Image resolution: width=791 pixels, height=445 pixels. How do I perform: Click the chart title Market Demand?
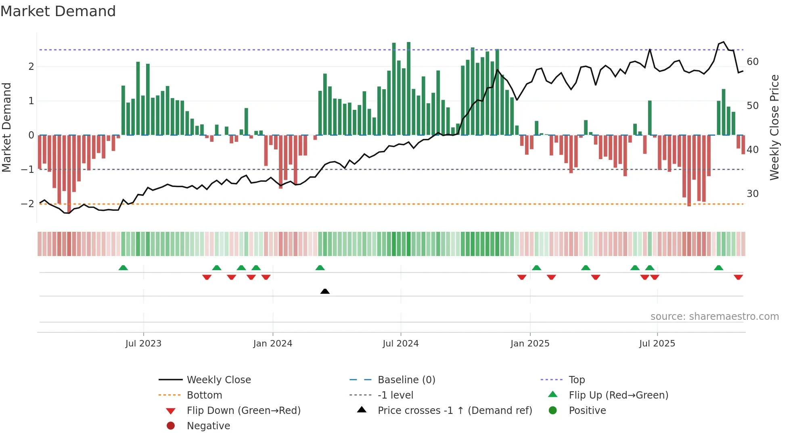tap(58, 11)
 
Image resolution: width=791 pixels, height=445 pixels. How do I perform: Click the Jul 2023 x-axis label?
tap(143, 344)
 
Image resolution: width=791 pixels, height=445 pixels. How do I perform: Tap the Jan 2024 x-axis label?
tap(272, 344)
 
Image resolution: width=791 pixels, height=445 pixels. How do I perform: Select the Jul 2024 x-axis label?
tap(400, 344)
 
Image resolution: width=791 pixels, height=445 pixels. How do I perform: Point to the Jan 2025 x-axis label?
tap(529, 344)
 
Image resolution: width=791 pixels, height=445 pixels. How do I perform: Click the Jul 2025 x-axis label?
tap(657, 344)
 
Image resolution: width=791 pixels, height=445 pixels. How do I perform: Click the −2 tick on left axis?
tap(27, 204)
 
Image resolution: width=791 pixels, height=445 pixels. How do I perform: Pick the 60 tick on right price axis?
tap(752, 62)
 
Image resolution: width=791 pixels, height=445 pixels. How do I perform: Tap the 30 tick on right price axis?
tap(752, 194)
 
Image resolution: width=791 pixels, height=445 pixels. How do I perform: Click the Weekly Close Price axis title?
tap(774, 127)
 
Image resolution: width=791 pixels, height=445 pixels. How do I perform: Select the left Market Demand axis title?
tap(6, 127)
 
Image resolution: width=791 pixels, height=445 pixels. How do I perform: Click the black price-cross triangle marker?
tap(325, 291)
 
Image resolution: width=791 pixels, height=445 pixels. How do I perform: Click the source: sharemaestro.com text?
tap(714, 317)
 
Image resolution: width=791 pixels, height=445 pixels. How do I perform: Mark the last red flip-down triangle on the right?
tap(738, 277)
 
